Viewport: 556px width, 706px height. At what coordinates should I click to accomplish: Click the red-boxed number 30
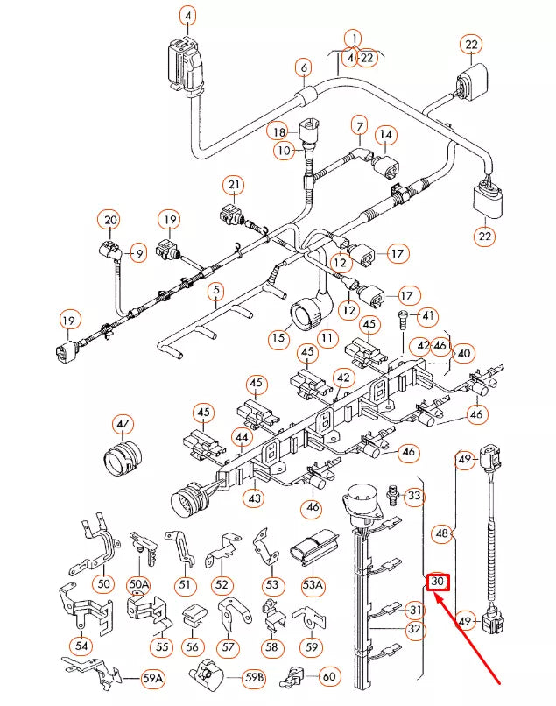(x=438, y=582)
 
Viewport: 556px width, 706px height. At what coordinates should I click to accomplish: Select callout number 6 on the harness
(x=304, y=67)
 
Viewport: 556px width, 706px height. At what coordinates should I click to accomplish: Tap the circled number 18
(x=278, y=131)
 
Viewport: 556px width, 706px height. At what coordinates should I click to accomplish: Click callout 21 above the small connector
(x=233, y=185)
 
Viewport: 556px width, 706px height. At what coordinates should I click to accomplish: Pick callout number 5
(x=215, y=289)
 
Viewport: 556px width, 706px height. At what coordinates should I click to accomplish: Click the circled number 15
(x=279, y=337)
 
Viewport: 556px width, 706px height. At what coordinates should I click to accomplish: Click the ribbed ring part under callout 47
(x=122, y=458)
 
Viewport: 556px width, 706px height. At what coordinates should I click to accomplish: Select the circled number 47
(x=122, y=425)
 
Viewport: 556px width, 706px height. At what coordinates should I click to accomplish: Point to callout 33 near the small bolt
(x=415, y=497)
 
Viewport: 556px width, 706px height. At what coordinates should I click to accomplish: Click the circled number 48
(x=443, y=533)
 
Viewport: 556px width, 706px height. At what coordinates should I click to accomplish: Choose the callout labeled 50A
(x=139, y=583)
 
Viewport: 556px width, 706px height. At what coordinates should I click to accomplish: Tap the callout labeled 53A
(x=313, y=583)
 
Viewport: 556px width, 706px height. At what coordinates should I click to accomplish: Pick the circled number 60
(x=328, y=676)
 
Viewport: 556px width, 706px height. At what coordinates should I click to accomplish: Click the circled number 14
(x=385, y=134)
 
